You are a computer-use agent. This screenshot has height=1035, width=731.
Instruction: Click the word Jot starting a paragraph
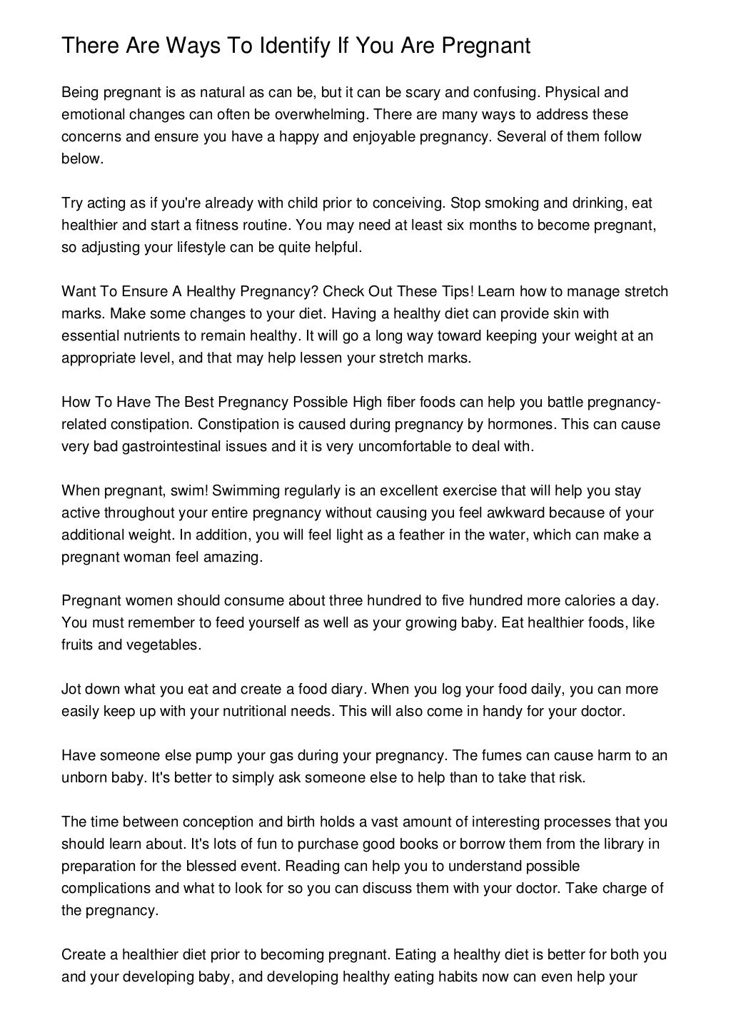[72, 689]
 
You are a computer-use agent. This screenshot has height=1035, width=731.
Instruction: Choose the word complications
[104, 888]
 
